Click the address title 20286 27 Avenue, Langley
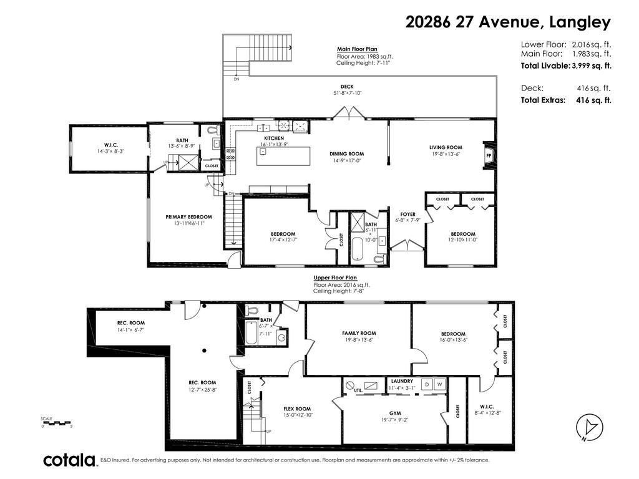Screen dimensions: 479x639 click(507, 22)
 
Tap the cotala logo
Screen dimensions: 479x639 click(69, 460)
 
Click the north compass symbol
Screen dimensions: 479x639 click(591, 427)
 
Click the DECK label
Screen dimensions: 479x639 click(348, 87)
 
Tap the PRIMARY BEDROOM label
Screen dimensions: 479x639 click(184, 217)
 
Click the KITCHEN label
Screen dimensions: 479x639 click(274, 138)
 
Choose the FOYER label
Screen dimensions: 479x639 click(407, 214)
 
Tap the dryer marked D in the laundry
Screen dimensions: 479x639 click(427, 385)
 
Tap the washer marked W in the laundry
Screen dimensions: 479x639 click(440, 385)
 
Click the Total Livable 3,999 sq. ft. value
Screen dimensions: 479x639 click(591, 65)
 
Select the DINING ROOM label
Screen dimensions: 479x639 click(346, 153)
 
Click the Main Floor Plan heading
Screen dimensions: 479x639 click(357, 49)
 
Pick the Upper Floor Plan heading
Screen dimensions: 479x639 click(335, 278)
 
